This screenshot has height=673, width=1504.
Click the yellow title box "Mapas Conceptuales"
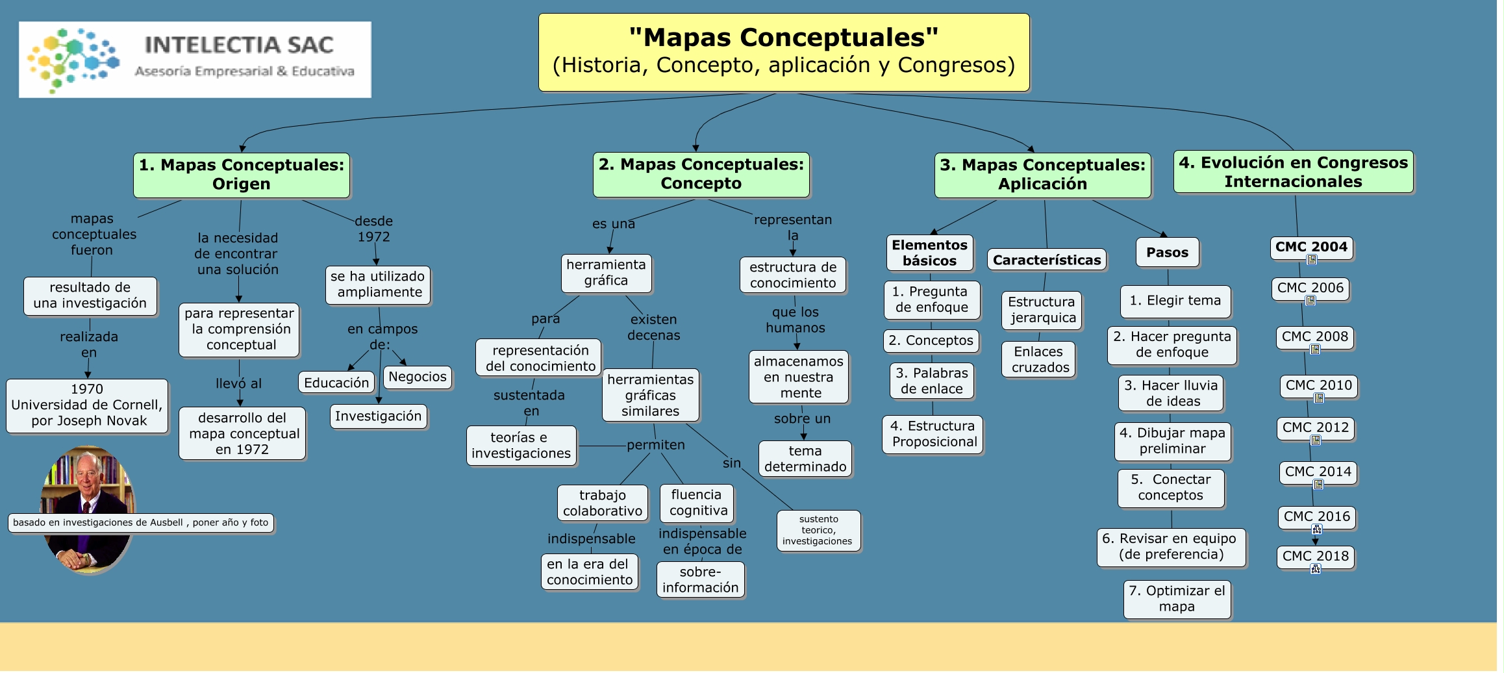point(783,52)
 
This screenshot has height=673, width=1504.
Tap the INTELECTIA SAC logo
point(195,60)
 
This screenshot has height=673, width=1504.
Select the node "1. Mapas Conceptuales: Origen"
point(242,175)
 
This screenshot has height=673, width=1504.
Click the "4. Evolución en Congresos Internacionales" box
point(1293,172)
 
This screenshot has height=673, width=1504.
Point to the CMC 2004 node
point(1311,247)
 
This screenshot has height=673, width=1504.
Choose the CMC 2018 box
point(1315,556)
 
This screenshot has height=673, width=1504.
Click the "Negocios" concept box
point(418,377)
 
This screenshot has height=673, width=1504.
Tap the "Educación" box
point(336,383)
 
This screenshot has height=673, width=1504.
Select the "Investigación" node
point(379,416)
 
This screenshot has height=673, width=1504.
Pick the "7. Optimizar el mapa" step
point(1177,599)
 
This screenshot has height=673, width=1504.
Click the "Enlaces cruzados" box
point(1038,359)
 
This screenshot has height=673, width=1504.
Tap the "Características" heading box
point(1047,260)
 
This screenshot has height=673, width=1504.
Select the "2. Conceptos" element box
point(931,340)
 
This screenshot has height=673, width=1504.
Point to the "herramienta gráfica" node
point(606,273)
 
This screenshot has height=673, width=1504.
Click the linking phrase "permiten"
point(656,445)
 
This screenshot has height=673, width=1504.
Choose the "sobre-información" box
point(700,579)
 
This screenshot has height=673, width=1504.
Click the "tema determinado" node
point(805,459)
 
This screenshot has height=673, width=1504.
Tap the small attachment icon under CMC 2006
point(1310,301)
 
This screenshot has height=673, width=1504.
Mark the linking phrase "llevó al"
point(238,384)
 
